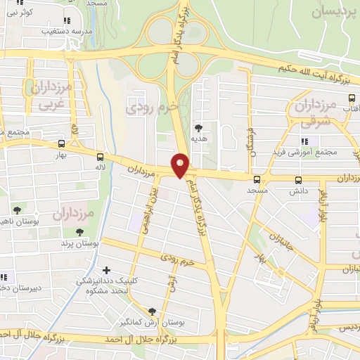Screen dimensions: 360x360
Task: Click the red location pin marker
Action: (181, 165)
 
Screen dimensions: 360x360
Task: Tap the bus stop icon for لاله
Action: (100, 157)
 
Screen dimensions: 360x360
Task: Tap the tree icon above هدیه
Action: (199, 128)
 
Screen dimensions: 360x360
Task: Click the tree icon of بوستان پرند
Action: (79, 231)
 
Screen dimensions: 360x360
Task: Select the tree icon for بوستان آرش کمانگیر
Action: (153, 310)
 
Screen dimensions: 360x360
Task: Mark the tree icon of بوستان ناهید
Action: (18, 210)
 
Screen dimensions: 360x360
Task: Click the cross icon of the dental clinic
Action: (106, 270)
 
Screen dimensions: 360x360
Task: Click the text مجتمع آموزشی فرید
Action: (310, 152)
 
